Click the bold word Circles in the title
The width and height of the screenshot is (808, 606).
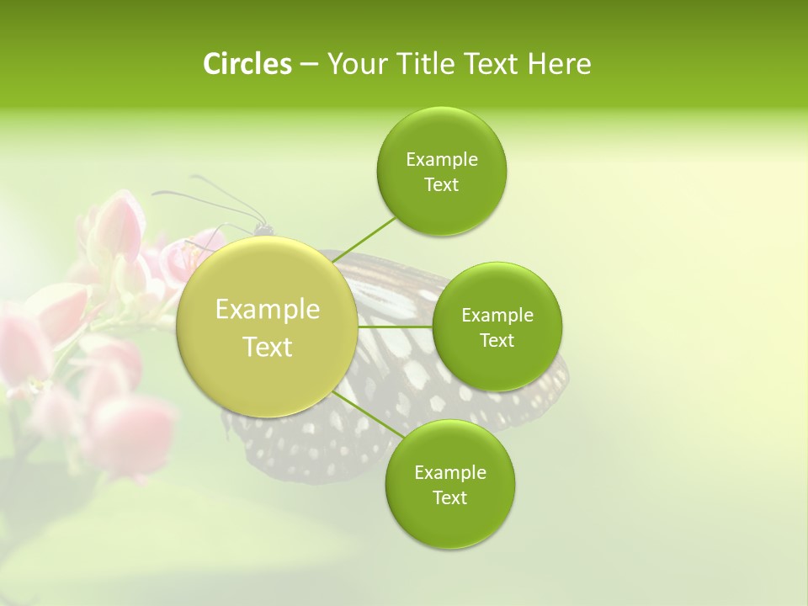point(247,64)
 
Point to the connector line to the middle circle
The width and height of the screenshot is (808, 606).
point(396,326)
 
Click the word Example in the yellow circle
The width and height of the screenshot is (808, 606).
point(268,310)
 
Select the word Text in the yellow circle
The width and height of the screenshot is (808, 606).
point(268,347)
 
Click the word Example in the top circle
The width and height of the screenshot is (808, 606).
point(441,160)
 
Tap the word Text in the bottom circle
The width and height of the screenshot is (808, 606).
point(449,497)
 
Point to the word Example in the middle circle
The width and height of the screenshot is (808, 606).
point(497,316)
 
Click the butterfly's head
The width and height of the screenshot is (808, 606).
point(263,227)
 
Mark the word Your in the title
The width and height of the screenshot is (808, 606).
point(352,64)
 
